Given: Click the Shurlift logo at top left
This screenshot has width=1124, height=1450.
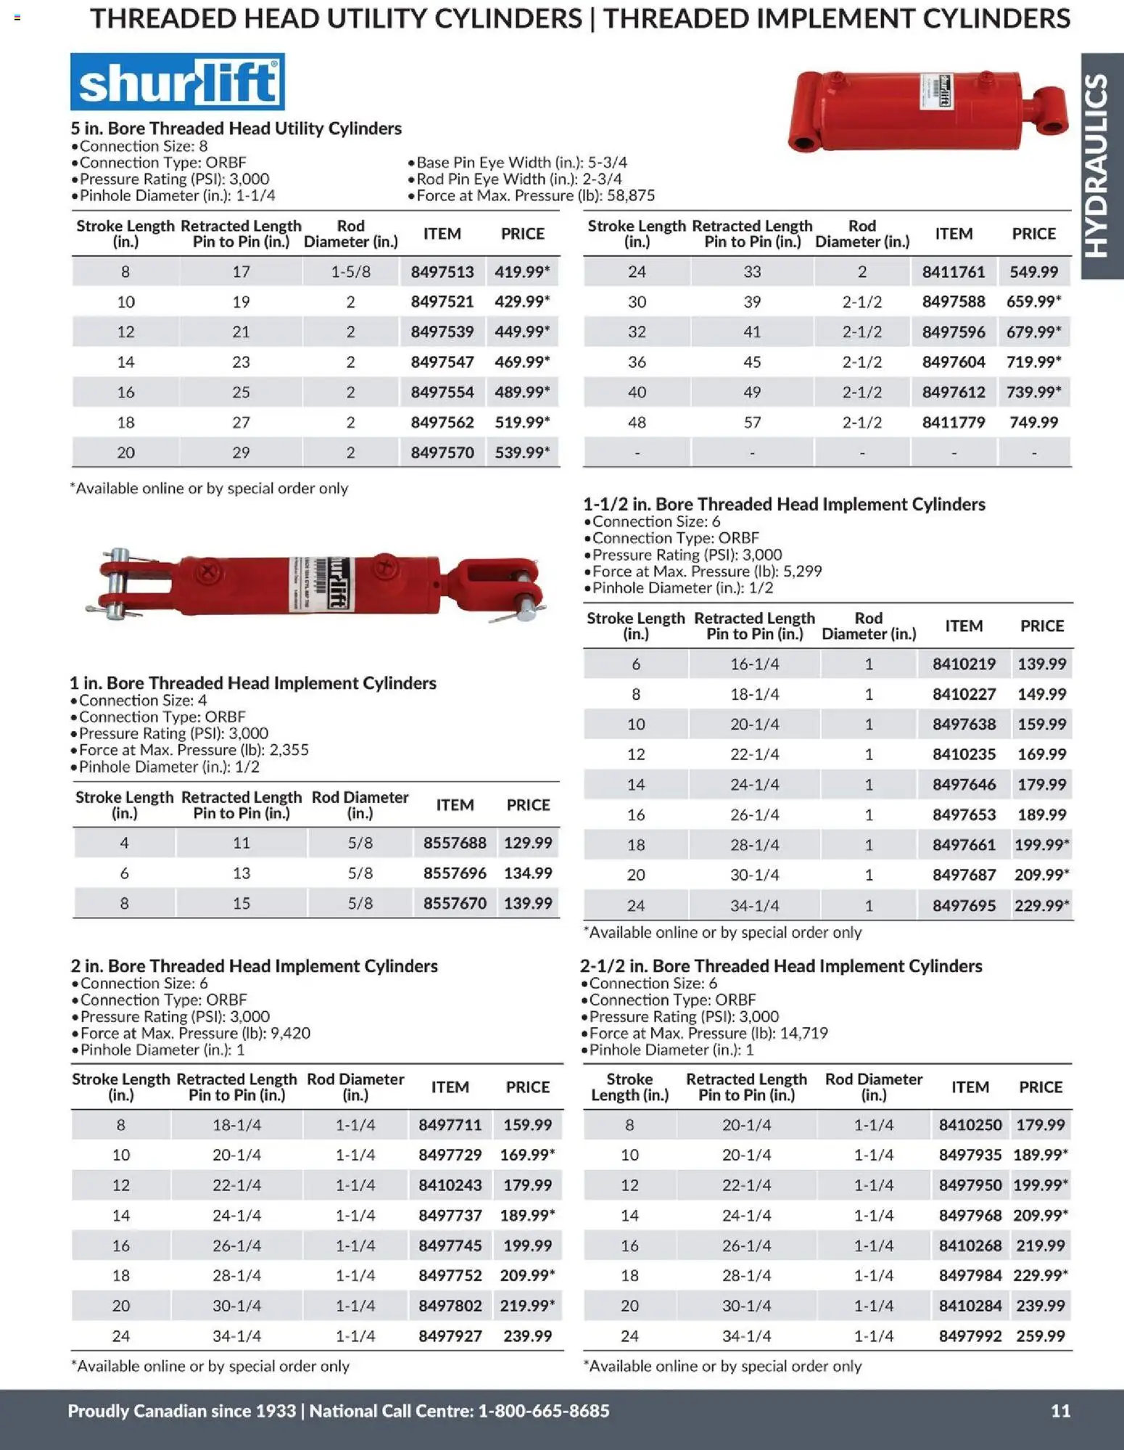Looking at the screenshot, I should point(177,82).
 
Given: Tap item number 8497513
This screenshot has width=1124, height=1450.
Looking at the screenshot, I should point(442,272).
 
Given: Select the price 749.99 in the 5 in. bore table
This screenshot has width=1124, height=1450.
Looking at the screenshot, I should point(1033,422).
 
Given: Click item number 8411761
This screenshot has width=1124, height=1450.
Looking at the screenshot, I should point(953,272).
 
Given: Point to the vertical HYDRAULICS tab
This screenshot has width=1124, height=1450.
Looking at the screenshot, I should point(1101,166).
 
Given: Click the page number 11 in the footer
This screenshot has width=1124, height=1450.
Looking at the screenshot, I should point(1060,1410).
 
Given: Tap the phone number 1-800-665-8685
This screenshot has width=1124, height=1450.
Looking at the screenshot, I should point(544,1410).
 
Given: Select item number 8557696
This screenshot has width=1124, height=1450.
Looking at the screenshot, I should point(455,873).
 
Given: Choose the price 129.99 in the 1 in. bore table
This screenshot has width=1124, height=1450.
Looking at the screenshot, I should point(528,843).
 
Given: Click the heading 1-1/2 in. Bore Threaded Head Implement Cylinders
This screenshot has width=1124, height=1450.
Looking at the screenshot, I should point(784,504).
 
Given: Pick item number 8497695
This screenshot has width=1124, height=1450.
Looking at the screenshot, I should point(964,905).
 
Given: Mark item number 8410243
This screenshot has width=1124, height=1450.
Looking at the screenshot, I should point(450,1185).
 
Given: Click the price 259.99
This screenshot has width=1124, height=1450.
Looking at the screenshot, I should point(1040,1336).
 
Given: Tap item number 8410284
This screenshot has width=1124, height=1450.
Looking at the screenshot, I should point(970,1306).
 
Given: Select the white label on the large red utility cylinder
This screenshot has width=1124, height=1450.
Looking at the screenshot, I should point(935,92).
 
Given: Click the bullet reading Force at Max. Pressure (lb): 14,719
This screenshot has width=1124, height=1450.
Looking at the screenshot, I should point(708,1033).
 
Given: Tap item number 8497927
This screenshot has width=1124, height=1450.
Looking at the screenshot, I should point(450,1336).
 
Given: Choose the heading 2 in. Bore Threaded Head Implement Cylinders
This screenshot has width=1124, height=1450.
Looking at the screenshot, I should point(255,966).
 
